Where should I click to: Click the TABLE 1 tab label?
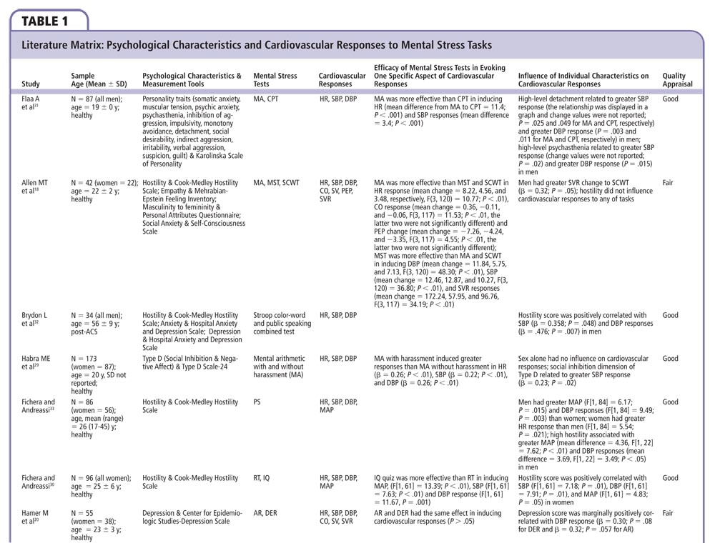click(x=44, y=20)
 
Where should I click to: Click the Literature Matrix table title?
click(x=257, y=45)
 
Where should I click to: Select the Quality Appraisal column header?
click(x=674, y=79)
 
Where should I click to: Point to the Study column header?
click(x=31, y=84)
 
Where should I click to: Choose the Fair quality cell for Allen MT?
click(x=668, y=183)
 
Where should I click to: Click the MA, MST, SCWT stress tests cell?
click(x=276, y=183)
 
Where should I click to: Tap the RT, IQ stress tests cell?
click(x=262, y=478)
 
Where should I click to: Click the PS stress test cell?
click(x=257, y=402)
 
